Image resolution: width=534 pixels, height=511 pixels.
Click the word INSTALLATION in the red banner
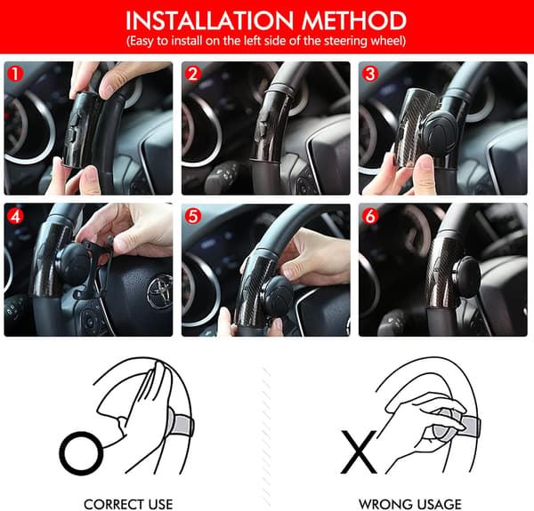[x=209, y=20]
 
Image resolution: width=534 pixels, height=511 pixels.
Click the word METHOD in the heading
[x=354, y=20]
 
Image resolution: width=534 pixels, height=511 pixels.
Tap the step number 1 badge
[x=15, y=74]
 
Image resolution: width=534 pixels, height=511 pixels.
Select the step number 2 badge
[x=193, y=74]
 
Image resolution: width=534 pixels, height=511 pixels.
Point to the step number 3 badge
[x=370, y=74]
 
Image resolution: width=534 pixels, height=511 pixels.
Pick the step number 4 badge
[x=15, y=216]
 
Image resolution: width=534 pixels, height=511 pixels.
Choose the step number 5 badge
[x=193, y=216]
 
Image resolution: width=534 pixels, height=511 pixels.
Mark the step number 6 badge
[x=370, y=216]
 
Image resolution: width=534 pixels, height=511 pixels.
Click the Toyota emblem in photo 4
[x=159, y=291]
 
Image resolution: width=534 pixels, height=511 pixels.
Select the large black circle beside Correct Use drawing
[x=81, y=453]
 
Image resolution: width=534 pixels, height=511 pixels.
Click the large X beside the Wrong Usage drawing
[x=359, y=451]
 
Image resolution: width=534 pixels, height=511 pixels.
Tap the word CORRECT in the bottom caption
[x=110, y=504]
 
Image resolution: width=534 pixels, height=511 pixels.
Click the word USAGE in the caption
[x=433, y=504]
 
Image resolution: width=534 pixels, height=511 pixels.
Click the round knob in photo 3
[x=441, y=133]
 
